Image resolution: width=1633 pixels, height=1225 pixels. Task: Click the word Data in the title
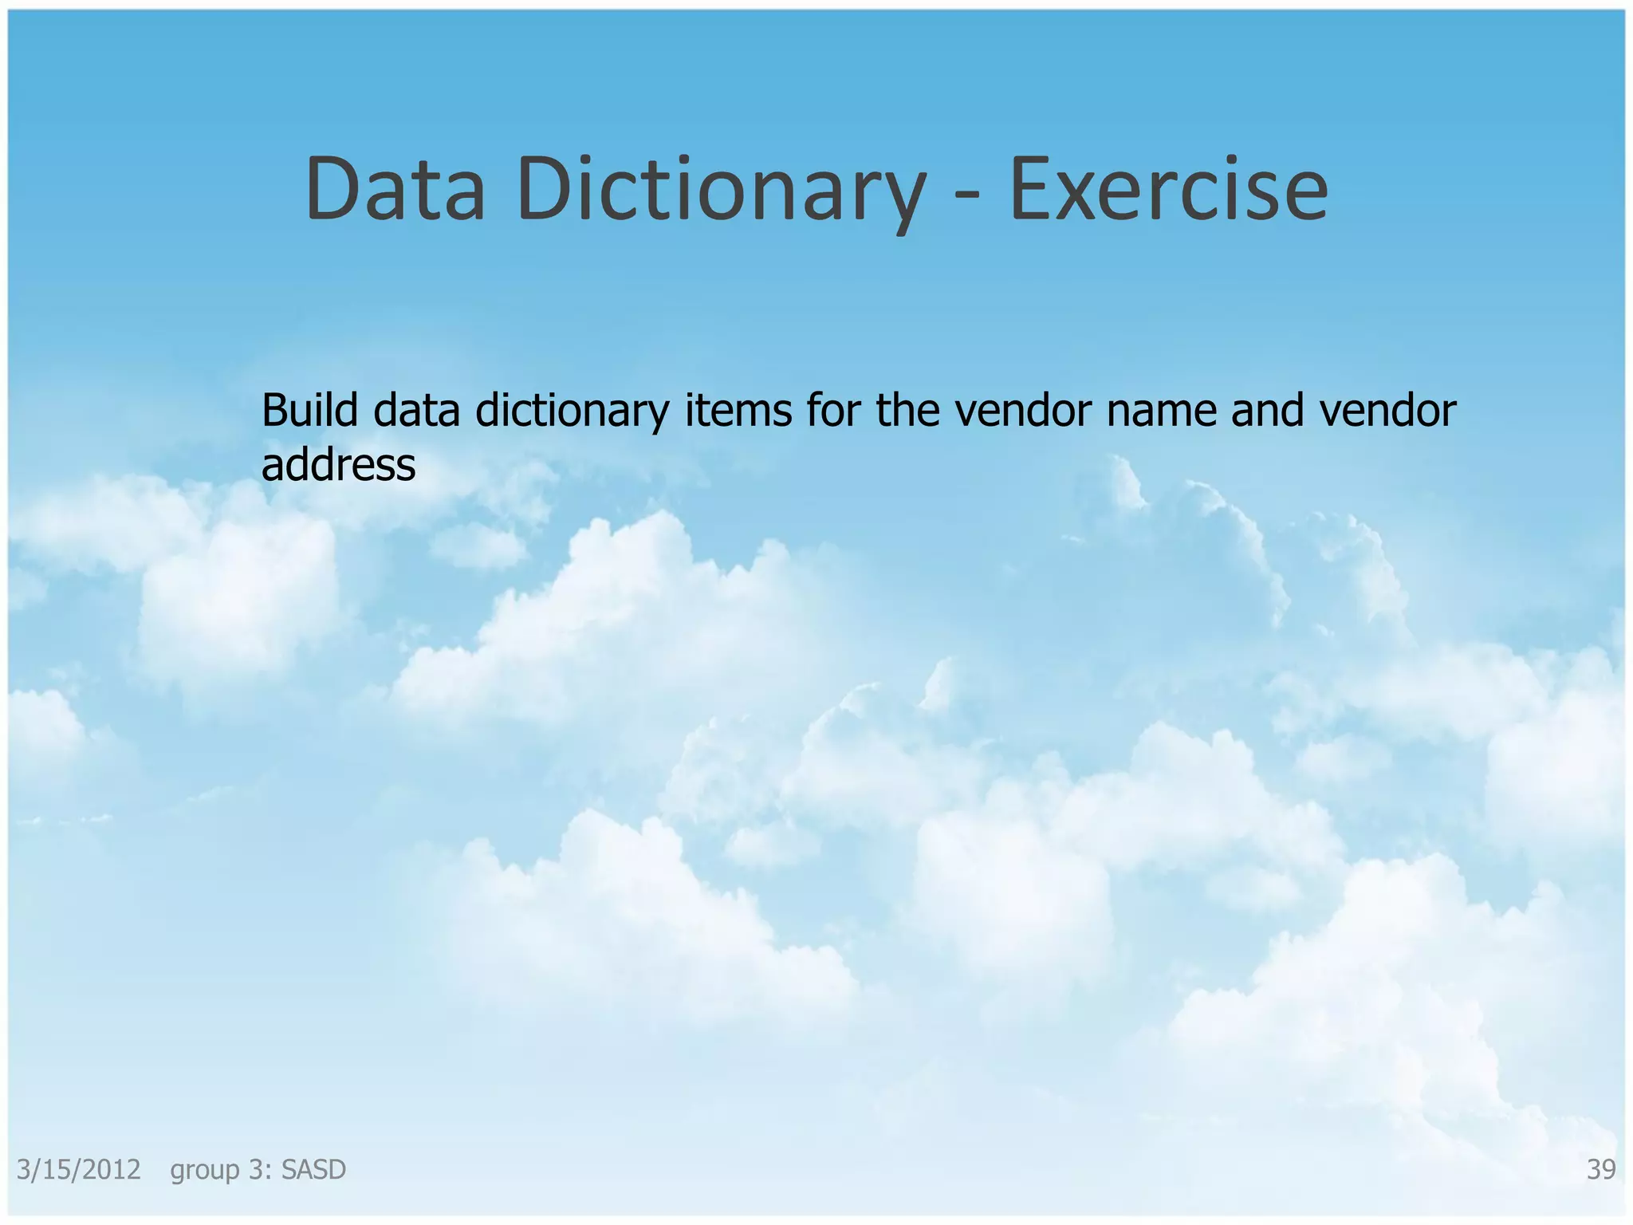[395, 190]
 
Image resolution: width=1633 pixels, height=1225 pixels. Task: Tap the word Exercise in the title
[1168, 190]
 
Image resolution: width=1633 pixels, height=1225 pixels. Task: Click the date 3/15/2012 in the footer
[79, 1170]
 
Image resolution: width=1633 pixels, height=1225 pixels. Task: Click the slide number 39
[1601, 1170]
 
